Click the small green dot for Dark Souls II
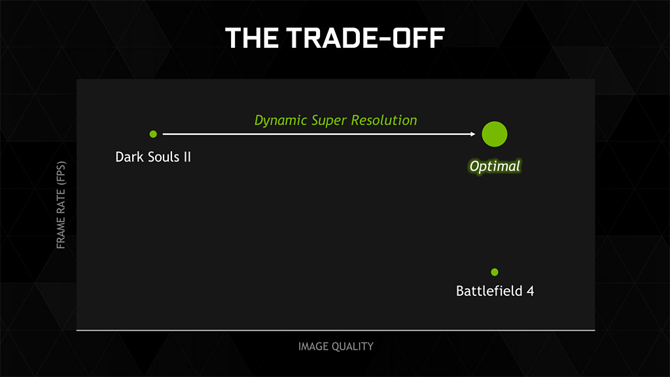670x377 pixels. (x=153, y=134)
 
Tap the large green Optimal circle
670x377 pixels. (x=495, y=134)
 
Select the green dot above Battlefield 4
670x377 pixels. (x=495, y=272)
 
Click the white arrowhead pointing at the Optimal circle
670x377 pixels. (x=472, y=134)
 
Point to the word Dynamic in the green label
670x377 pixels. (x=281, y=120)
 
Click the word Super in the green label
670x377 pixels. (x=329, y=121)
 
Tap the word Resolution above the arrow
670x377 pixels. (x=383, y=120)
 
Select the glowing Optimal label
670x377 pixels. (x=495, y=166)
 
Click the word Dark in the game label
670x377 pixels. (x=130, y=157)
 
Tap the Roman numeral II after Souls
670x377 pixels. (x=187, y=157)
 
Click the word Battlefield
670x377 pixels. (x=489, y=291)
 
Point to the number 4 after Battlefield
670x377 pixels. (x=530, y=291)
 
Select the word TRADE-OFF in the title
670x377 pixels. (x=366, y=37)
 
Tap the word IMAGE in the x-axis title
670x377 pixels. (x=313, y=346)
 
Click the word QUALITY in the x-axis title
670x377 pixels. (x=353, y=346)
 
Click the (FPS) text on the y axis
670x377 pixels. (x=61, y=172)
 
